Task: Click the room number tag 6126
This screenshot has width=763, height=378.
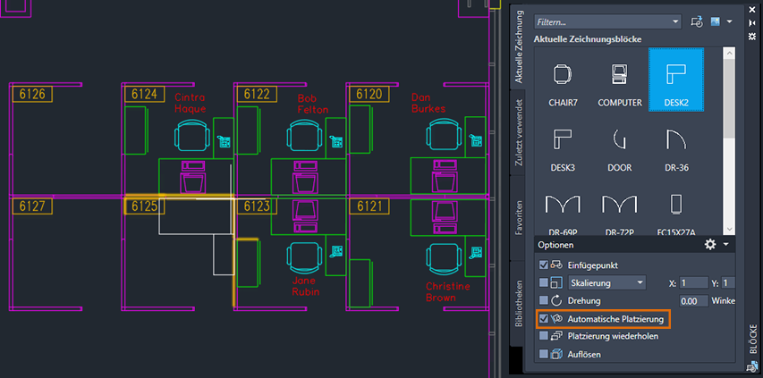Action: (x=32, y=94)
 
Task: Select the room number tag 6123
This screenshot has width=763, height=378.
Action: (x=257, y=206)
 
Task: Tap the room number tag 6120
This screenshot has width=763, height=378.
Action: (x=369, y=94)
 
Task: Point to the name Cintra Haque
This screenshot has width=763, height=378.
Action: (x=191, y=103)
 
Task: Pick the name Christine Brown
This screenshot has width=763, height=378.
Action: (x=441, y=291)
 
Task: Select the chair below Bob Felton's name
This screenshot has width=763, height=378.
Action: (x=305, y=136)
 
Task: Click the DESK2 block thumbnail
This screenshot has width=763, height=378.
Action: (x=676, y=80)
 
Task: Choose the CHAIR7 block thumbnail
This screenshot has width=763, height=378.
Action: (x=563, y=80)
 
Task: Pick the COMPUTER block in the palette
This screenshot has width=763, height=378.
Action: (x=620, y=80)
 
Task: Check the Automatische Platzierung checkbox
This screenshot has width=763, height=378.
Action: (x=544, y=319)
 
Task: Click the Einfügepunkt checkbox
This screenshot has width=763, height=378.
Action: (x=544, y=265)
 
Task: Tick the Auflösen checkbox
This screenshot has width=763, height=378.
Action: (x=544, y=354)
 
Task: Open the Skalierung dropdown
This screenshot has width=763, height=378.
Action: (x=606, y=282)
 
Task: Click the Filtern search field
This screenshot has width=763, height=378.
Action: (x=607, y=21)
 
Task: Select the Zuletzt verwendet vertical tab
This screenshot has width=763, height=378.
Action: (x=518, y=132)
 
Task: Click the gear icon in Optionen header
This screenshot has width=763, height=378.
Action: (x=710, y=244)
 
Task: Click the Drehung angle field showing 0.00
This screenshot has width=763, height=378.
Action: (x=694, y=301)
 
